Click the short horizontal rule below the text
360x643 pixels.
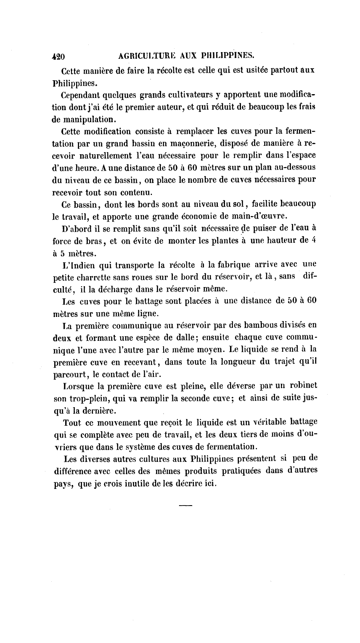pyautogui.click(x=185, y=505)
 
